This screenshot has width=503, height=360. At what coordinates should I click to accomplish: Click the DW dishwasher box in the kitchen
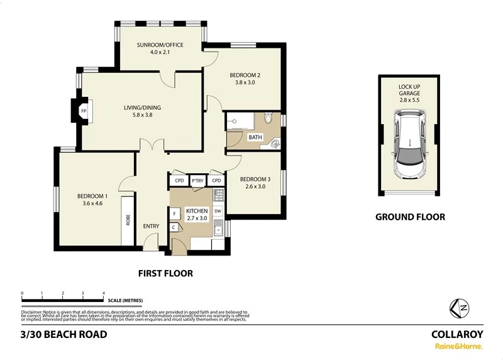(218, 211)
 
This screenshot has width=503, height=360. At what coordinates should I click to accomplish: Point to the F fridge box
(174, 214)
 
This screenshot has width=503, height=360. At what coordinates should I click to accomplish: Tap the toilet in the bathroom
(268, 118)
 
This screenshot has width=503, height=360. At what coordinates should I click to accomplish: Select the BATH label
(255, 137)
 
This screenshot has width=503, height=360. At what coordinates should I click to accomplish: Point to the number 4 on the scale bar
(103, 294)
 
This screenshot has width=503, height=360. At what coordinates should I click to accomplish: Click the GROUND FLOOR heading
(410, 217)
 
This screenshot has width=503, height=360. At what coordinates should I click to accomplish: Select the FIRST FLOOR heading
(165, 273)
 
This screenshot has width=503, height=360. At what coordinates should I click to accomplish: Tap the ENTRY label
(151, 227)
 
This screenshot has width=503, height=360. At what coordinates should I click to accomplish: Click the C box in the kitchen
(174, 227)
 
